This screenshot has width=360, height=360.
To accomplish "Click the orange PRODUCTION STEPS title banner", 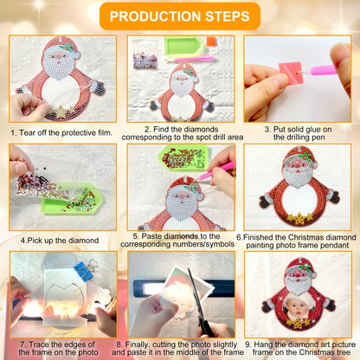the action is (x=180, y=16).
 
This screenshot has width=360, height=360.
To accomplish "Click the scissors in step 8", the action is (x=199, y=303).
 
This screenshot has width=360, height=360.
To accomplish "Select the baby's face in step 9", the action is (x=296, y=307).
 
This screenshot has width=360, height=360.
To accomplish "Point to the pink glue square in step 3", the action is (x=291, y=73).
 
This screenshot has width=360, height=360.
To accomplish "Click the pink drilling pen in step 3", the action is (x=318, y=70).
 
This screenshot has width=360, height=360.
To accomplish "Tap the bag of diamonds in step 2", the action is (x=145, y=61).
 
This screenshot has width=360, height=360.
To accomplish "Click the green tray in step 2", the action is (x=183, y=46).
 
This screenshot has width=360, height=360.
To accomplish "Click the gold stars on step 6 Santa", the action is (x=299, y=219).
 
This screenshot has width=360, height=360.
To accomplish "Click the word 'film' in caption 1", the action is (x=105, y=132).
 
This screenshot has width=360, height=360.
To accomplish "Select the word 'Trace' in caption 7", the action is (x=39, y=344).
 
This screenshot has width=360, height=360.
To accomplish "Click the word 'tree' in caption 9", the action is (x=344, y=352).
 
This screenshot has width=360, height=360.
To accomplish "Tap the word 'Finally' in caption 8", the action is (x=138, y=344).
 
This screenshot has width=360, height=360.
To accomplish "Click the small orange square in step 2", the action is (x=212, y=41).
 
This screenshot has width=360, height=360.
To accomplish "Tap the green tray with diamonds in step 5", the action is (x=183, y=157).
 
